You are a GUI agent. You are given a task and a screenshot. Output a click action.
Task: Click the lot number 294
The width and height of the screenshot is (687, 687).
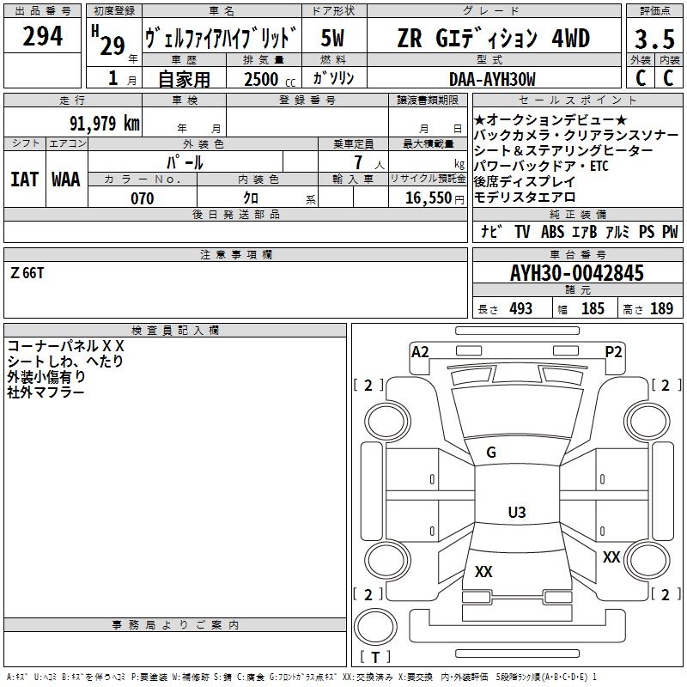tap(42, 37)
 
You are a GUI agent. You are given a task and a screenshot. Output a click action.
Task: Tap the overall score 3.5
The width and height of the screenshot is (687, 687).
tap(654, 39)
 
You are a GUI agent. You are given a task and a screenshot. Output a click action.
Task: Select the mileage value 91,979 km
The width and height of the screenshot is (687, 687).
tap(104, 123)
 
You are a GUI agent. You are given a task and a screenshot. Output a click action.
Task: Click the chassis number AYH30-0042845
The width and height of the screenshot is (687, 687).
tap(576, 273)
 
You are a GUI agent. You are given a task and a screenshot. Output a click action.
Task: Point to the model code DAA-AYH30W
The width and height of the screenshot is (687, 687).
tap(492, 79)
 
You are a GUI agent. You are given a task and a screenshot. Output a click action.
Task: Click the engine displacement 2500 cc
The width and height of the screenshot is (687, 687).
tap(266, 79)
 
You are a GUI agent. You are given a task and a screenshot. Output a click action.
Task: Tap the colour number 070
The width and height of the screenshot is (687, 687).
tap(142, 198)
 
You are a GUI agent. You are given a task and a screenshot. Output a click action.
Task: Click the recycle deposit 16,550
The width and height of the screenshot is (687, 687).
tap(426, 198)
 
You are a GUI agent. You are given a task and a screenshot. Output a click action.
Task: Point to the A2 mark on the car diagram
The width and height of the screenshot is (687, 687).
tap(420, 351)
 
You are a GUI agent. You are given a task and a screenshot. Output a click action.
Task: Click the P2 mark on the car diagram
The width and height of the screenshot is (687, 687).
tap(613, 351)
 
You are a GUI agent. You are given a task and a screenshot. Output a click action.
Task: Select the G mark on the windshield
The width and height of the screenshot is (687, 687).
tap(491, 453)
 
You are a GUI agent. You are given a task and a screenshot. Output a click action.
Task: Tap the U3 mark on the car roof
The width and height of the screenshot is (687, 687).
tap(516, 513)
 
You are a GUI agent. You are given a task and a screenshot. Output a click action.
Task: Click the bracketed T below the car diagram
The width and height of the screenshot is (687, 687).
tap(375, 657)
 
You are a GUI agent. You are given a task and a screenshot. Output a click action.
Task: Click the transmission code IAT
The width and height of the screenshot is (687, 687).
tap(24, 179)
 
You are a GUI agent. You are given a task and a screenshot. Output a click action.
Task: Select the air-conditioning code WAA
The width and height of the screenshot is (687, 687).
tap(66, 179)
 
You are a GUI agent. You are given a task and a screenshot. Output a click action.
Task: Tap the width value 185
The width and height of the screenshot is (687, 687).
tap(593, 308)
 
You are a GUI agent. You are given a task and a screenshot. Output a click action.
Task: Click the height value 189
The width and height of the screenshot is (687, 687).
tap(661, 308)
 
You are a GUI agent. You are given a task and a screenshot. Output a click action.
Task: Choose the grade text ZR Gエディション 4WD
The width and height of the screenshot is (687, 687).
tap(493, 39)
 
